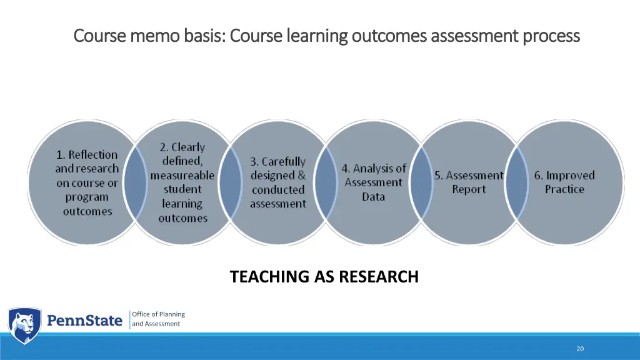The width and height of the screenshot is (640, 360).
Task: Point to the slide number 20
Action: (x=580, y=349)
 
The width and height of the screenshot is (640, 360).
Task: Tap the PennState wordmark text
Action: (x=85, y=321)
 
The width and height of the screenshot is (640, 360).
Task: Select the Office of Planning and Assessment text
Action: (x=158, y=319)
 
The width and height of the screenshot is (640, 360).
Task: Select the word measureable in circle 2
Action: (x=182, y=176)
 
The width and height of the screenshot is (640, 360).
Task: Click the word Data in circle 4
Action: (x=373, y=197)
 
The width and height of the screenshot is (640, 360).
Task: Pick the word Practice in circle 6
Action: (x=564, y=189)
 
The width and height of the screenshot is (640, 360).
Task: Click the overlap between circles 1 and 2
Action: (x=134, y=182)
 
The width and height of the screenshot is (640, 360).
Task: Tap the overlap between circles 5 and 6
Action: (x=516, y=182)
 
